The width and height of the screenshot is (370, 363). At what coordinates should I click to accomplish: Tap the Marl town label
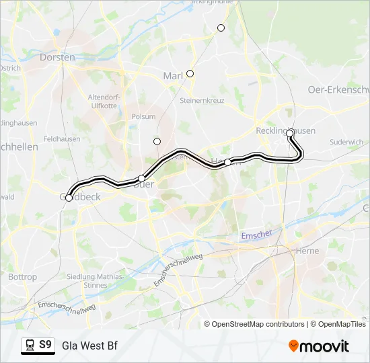tap(173, 76)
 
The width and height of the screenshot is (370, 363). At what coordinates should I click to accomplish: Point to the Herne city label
tap(307, 251)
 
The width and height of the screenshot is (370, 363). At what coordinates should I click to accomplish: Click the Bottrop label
tap(22, 277)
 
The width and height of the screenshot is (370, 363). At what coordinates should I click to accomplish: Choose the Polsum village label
tap(143, 116)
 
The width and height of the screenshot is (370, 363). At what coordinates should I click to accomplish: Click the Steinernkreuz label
tap(202, 101)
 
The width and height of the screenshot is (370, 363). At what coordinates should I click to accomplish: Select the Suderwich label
tap(347, 142)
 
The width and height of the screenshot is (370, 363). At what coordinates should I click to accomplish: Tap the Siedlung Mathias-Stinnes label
tap(96, 281)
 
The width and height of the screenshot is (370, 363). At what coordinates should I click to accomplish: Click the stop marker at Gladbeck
tap(69, 198)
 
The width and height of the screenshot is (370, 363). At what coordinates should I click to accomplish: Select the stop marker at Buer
tap(141, 178)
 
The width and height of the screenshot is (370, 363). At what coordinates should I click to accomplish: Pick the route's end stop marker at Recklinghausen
tap(290, 133)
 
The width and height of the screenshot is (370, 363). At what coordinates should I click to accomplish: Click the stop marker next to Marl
tap(190, 73)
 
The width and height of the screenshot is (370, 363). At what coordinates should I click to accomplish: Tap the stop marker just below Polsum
tap(157, 141)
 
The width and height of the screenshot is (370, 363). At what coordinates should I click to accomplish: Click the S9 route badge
tap(38, 346)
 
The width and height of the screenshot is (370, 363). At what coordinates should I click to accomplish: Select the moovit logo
tap(319, 346)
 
